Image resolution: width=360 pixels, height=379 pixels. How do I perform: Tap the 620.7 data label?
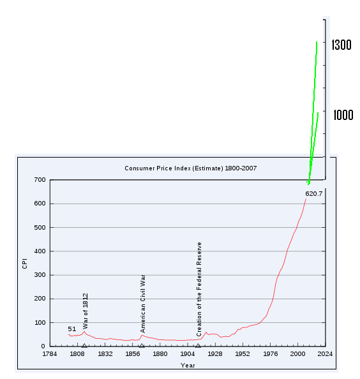(314, 193)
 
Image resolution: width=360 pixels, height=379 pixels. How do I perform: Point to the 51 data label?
(72, 329)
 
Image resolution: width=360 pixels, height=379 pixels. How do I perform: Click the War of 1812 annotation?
(86, 311)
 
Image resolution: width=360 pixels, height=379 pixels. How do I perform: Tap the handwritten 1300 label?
(342, 45)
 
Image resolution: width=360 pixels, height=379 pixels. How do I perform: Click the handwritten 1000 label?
(342, 115)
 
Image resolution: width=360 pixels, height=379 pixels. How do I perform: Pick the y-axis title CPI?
(25, 263)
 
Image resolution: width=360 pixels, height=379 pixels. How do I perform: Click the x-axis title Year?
(188, 366)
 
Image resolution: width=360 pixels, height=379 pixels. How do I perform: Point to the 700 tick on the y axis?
(40, 180)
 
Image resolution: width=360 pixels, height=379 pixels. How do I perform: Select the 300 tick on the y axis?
(40, 275)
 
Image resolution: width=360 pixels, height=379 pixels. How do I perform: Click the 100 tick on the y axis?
(40, 323)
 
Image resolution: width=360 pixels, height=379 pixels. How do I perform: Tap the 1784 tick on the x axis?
(50, 353)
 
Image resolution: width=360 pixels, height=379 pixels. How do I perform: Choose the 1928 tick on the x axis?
(215, 353)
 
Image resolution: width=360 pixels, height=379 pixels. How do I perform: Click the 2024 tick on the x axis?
(325, 353)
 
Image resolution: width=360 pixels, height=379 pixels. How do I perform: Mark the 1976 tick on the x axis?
(270, 353)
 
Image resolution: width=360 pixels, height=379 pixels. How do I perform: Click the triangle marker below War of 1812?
(84, 345)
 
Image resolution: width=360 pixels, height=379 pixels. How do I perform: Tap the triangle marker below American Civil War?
(141, 345)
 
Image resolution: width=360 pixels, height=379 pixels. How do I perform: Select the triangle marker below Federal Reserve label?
(198, 345)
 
